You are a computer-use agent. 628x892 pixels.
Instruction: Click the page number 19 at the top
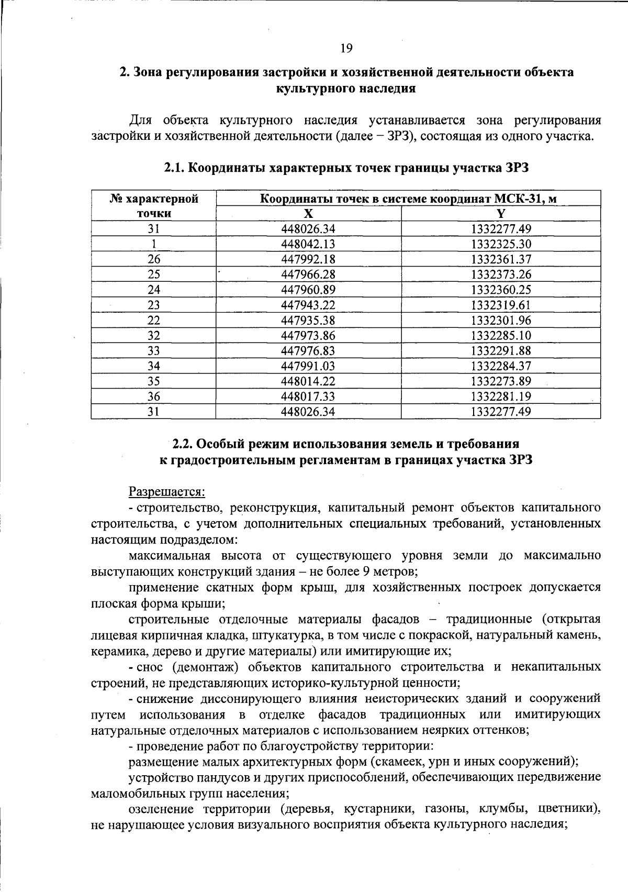click(346, 49)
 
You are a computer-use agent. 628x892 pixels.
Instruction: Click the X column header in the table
click(308, 213)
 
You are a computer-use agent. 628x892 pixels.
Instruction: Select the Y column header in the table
click(501, 213)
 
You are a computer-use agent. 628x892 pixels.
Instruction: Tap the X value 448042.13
click(308, 244)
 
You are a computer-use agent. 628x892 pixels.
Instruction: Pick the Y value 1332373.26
click(501, 274)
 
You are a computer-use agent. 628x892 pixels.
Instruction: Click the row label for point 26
click(153, 259)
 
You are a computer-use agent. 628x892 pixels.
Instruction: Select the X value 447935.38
click(308, 320)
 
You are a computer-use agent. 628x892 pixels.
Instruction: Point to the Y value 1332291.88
click(501, 350)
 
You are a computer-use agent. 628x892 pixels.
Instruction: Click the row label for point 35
click(153, 381)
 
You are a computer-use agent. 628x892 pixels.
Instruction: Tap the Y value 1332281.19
click(501, 397)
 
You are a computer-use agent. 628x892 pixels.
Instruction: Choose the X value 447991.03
click(308, 366)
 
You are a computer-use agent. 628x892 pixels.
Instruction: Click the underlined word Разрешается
click(167, 492)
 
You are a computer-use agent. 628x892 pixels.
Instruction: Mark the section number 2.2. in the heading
click(184, 444)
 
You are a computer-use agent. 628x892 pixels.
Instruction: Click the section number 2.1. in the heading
click(174, 168)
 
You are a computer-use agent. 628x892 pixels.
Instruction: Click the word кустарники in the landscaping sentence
click(376, 809)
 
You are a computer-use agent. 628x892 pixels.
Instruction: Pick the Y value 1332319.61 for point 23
click(501, 305)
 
